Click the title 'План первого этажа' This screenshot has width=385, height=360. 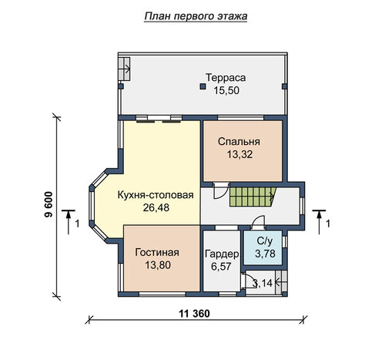(196, 16)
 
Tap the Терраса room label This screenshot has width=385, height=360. (226, 78)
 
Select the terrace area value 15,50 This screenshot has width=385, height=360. (226, 90)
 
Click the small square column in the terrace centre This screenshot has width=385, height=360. (203, 86)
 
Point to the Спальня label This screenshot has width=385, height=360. (239, 142)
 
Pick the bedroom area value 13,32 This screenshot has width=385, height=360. (239, 154)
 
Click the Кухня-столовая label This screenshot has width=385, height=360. (156, 195)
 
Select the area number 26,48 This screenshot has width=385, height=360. (156, 207)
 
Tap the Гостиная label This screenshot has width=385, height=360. (157, 252)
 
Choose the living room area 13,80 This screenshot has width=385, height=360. (158, 265)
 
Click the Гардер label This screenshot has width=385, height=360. (222, 254)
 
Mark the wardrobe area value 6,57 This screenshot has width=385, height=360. (221, 267)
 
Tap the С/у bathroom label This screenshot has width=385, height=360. (265, 241)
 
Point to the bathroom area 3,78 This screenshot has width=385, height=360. (265, 254)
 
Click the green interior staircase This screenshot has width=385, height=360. (253, 197)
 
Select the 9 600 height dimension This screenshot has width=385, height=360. (49, 204)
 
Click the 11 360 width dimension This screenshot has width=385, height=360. (194, 314)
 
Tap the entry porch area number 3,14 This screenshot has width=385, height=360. (262, 283)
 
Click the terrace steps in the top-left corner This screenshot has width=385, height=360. (124, 69)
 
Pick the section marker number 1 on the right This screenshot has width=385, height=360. (328, 224)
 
